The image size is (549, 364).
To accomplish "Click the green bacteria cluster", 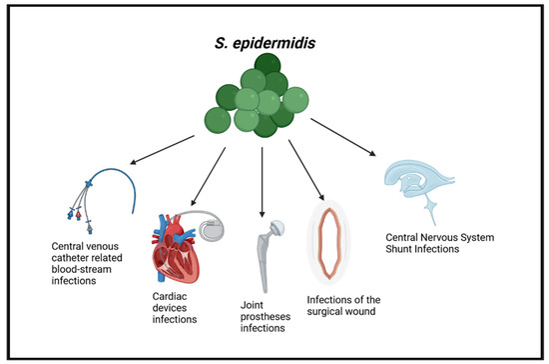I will click(x=263, y=98).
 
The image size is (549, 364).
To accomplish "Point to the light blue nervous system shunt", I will click(x=424, y=180).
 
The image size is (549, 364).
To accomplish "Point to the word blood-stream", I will click(x=81, y=268).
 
